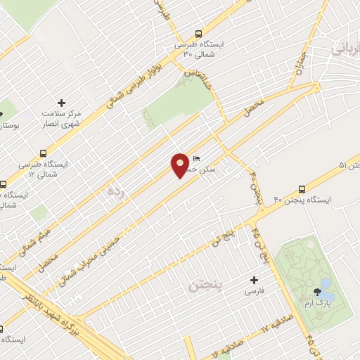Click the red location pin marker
coord(180,165)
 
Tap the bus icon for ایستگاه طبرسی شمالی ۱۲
coord(44,153)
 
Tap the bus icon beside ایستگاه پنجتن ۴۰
coord(302,188)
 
